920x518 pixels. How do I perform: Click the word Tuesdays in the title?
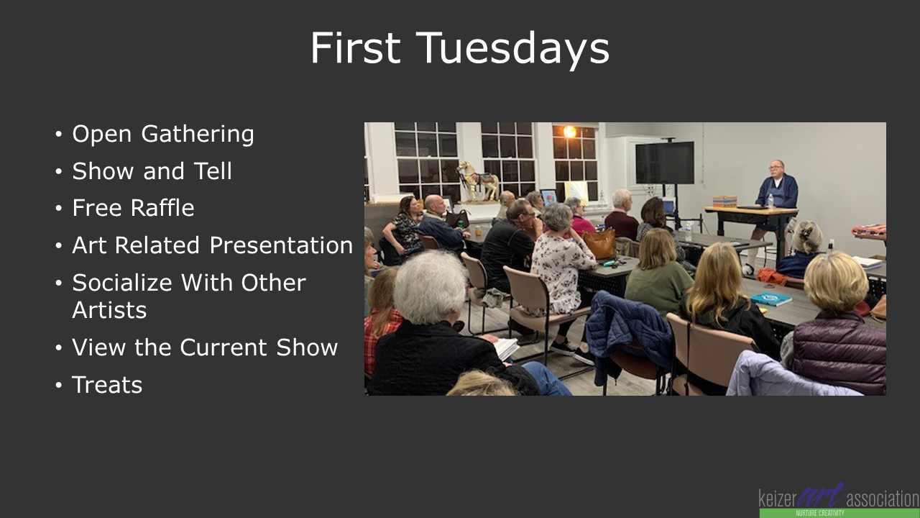pyautogui.click(x=513, y=48)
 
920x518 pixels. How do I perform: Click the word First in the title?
pyautogui.click(x=355, y=47)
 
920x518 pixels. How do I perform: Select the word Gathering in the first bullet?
pyautogui.click(x=198, y=135)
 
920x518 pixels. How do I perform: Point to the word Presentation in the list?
pyautogui.click(x=281, y=245)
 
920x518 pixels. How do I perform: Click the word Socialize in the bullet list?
pyautogui.click(x=122, y=283)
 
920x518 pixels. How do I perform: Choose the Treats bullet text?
pyautogui.click(x=107, y=385)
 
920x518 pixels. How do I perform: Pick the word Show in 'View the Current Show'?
pyautogui.click(x=307, y=347)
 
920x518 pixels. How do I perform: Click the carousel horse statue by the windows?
pyautogui.click(x=478, y=181)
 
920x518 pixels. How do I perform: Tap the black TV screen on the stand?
pyautogui.click(x=665, y=163)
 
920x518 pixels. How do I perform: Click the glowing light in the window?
pyautogui.click(x=570, y=132)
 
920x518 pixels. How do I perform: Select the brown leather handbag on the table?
pyautogui.click(x=600, y=243)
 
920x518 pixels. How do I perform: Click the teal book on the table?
pyautogui.click(x=771, y=299)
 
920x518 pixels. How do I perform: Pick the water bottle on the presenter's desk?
pyautogui.click(x=771, y=201)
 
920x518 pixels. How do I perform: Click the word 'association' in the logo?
pyautogui.click(x=883, y=499)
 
